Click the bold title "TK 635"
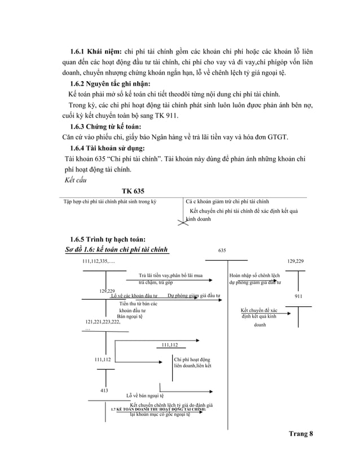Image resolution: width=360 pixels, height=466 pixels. click(133, 191)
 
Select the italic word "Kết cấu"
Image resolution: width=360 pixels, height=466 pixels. click(78, 181)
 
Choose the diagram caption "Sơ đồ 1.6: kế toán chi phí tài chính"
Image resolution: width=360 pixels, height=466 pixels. click(117, 249)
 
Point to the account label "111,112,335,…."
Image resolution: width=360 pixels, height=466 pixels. click(98, 262)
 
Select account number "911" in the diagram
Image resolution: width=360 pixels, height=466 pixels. click(298, 296)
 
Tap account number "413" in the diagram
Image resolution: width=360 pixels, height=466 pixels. click(104, 390)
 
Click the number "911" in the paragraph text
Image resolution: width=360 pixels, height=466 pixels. click(170, 116)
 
